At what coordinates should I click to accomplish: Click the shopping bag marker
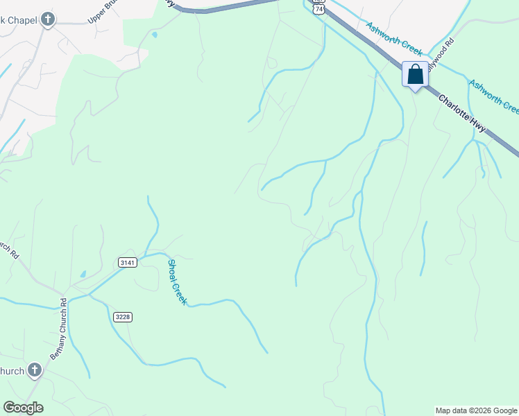tap(415, 74)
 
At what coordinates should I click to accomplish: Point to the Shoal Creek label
tap(177, 282)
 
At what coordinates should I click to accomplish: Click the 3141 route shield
tap(127, 262)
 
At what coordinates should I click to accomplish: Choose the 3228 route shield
tap(122, 317)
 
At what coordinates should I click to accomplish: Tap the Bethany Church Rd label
tap(58, 329)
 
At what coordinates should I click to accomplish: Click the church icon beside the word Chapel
tap(47, 19)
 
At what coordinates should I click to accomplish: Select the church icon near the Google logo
tap(34, 371)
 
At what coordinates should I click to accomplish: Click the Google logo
tap(23, 408)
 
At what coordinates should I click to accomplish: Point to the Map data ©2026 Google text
tap(476, 410)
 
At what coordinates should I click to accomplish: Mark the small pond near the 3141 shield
tap(83, 275)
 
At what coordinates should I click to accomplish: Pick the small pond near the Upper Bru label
tap(153, 34)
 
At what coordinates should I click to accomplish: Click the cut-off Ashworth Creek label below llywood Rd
tap(494, 96)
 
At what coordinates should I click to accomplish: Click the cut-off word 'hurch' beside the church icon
tap(12, 371)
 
